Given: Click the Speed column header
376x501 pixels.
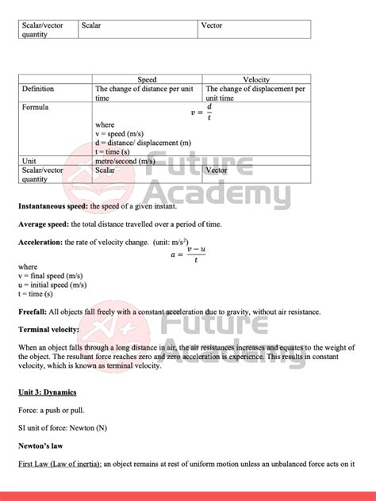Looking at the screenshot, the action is pos(148,80).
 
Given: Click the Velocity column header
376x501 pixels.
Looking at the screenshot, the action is pos(256,80).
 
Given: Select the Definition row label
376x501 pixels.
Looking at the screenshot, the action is pos(38,90).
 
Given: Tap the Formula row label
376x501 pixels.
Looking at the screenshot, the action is pos(36,107).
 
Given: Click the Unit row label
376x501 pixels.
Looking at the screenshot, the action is pos(29,160).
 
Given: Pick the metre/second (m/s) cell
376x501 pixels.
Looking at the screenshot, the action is pos(125,160).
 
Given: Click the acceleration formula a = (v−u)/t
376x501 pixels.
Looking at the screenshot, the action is pos(190,254).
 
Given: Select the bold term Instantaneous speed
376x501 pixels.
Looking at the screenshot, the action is pos(53,206).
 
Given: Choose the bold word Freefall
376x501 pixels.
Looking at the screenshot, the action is pos(33,312).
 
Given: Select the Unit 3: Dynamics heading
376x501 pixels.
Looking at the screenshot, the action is pos(47,392).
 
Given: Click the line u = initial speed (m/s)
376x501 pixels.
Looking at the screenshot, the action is pos(52,285).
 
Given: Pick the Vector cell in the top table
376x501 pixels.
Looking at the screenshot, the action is pos(212,25).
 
